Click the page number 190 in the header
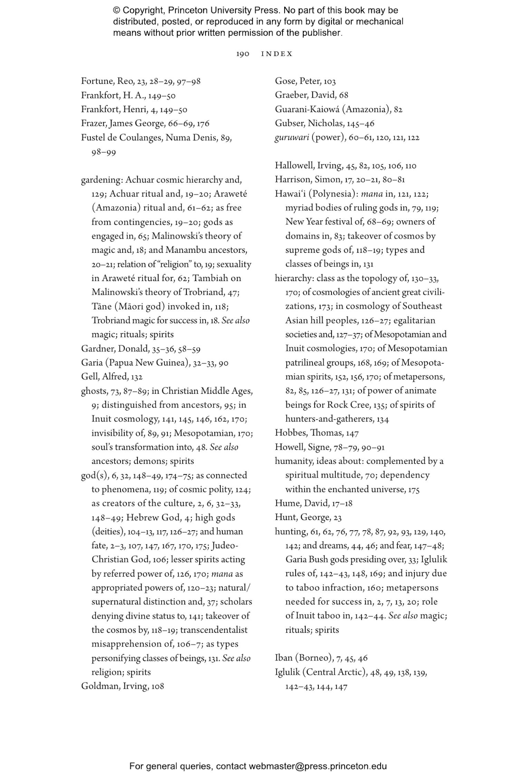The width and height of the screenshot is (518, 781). click(x=242, y=54)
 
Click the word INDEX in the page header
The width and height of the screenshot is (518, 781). click(x=277, y=54)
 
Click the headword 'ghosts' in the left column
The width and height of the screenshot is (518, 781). click(x=94, y=391)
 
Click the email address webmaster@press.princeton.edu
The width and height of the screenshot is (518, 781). click(x=317, y=766)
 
